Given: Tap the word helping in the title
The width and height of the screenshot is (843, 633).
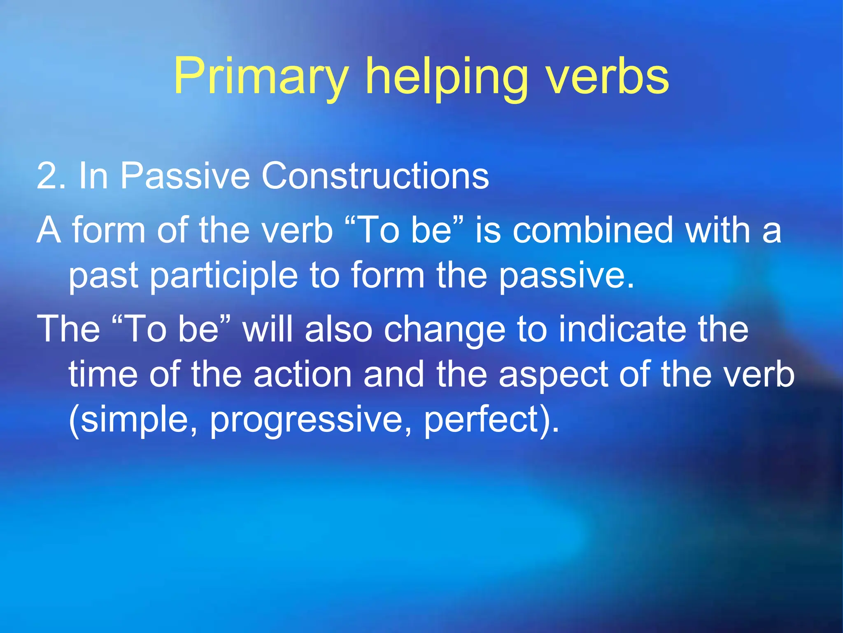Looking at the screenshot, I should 446,77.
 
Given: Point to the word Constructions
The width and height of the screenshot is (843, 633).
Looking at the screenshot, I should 375,176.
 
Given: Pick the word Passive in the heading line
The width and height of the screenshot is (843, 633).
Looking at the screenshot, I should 185,176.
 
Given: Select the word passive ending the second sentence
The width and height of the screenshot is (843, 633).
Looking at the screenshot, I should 566,276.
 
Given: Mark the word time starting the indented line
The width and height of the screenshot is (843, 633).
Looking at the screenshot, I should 103,375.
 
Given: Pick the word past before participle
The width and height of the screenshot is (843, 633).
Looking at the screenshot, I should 103,276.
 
